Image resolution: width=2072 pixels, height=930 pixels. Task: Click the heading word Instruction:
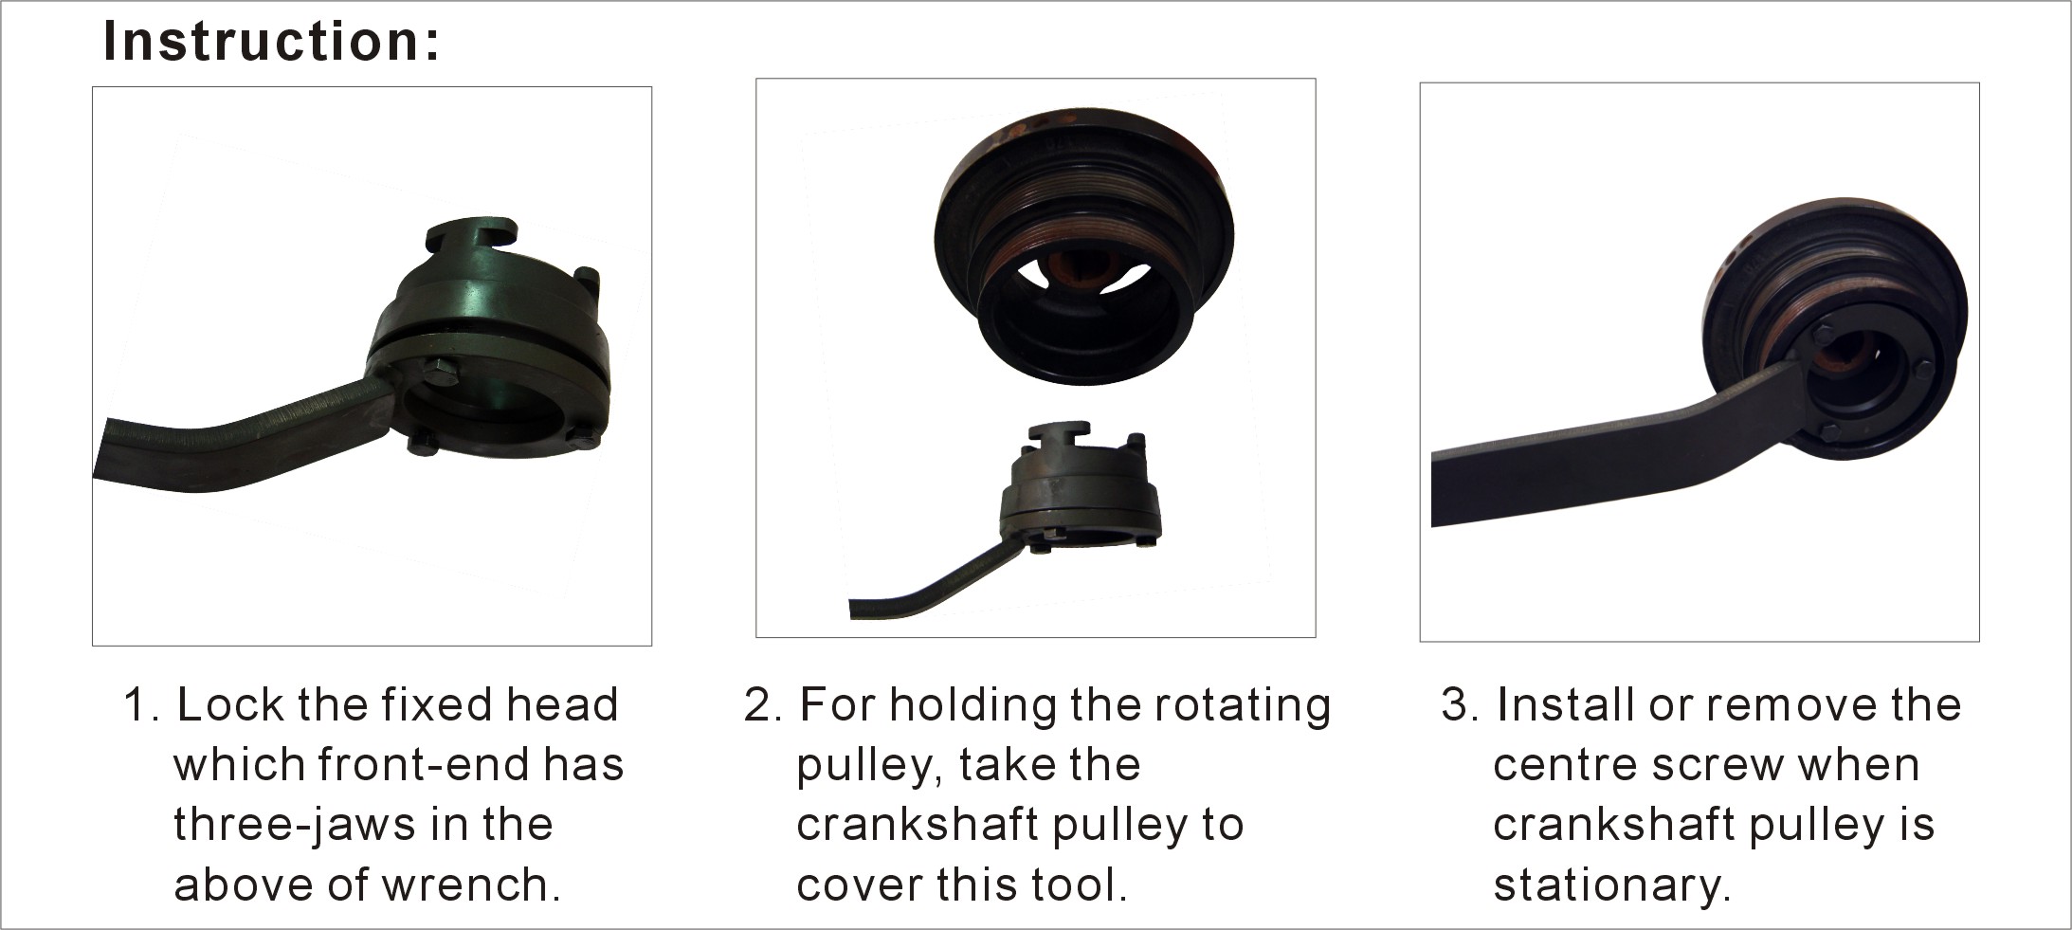pos(271,43)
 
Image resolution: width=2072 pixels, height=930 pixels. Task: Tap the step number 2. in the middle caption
pos(762,705)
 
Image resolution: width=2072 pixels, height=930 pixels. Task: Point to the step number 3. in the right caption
pos(1459,705)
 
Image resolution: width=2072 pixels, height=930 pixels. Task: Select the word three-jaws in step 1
pos(295,825)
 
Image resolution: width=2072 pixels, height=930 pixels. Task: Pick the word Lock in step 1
pos(231,704)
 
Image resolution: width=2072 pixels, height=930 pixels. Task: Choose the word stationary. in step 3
pos(1612,885)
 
